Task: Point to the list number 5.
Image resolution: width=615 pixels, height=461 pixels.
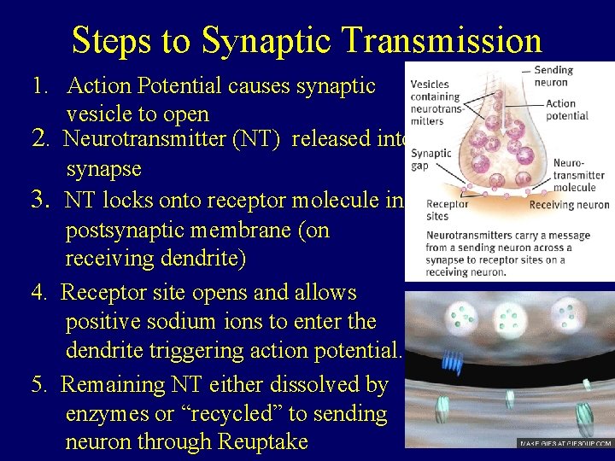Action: (38, 385)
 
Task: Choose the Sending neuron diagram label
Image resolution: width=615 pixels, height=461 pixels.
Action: (553, 76)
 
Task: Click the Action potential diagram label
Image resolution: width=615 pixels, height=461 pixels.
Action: (560, 109)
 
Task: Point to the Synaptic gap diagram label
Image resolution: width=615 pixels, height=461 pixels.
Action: (430, 159)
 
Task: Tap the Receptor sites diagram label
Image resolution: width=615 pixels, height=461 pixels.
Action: (447, 210)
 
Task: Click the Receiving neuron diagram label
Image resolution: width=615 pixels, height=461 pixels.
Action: (569, 205)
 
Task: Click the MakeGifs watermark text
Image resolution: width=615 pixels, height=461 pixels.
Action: (565, 444)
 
